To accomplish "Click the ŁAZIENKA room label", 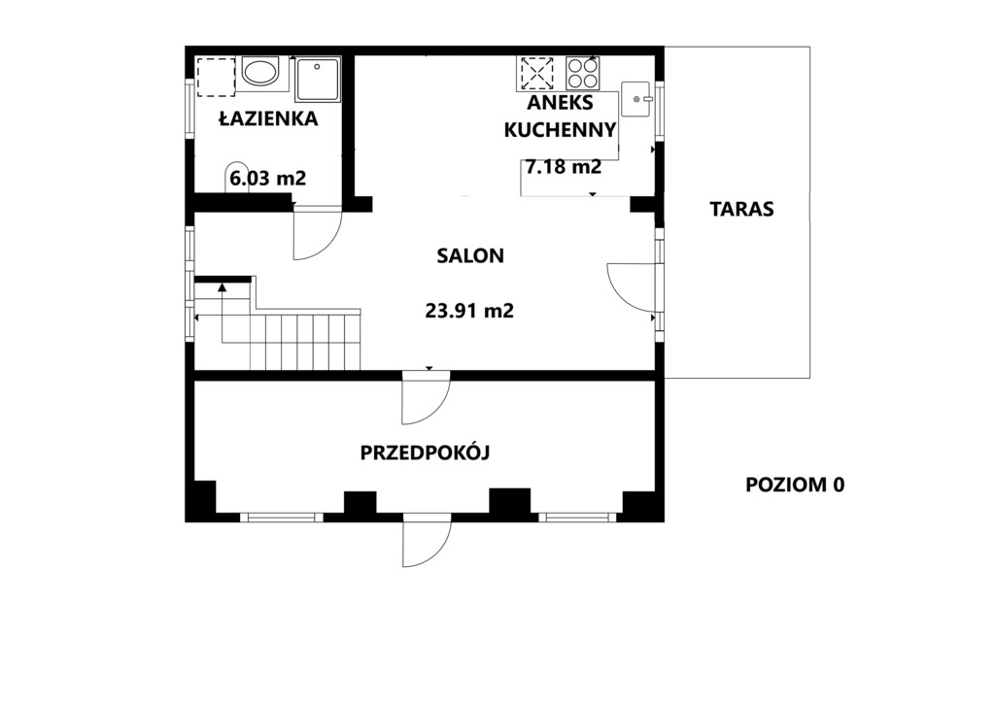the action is point(268,117).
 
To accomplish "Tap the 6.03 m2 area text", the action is point(268,178).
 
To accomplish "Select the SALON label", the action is point(470,255).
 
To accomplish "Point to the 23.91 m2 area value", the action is point(469,311).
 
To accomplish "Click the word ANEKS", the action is point(561,102).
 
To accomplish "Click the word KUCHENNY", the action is point(560,129).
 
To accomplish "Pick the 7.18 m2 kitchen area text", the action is point(563,167).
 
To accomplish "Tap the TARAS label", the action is point(741,209).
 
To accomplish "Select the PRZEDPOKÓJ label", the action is point(426,452).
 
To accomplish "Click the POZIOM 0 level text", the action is point(795,485).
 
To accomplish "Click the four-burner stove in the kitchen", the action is point(583,73).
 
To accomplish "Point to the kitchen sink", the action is point(635,99).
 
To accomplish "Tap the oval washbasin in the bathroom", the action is point(259,72).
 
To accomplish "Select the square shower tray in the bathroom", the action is point(318,80).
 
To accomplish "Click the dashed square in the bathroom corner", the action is point(216,77).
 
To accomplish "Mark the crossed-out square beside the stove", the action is point(536,73).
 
